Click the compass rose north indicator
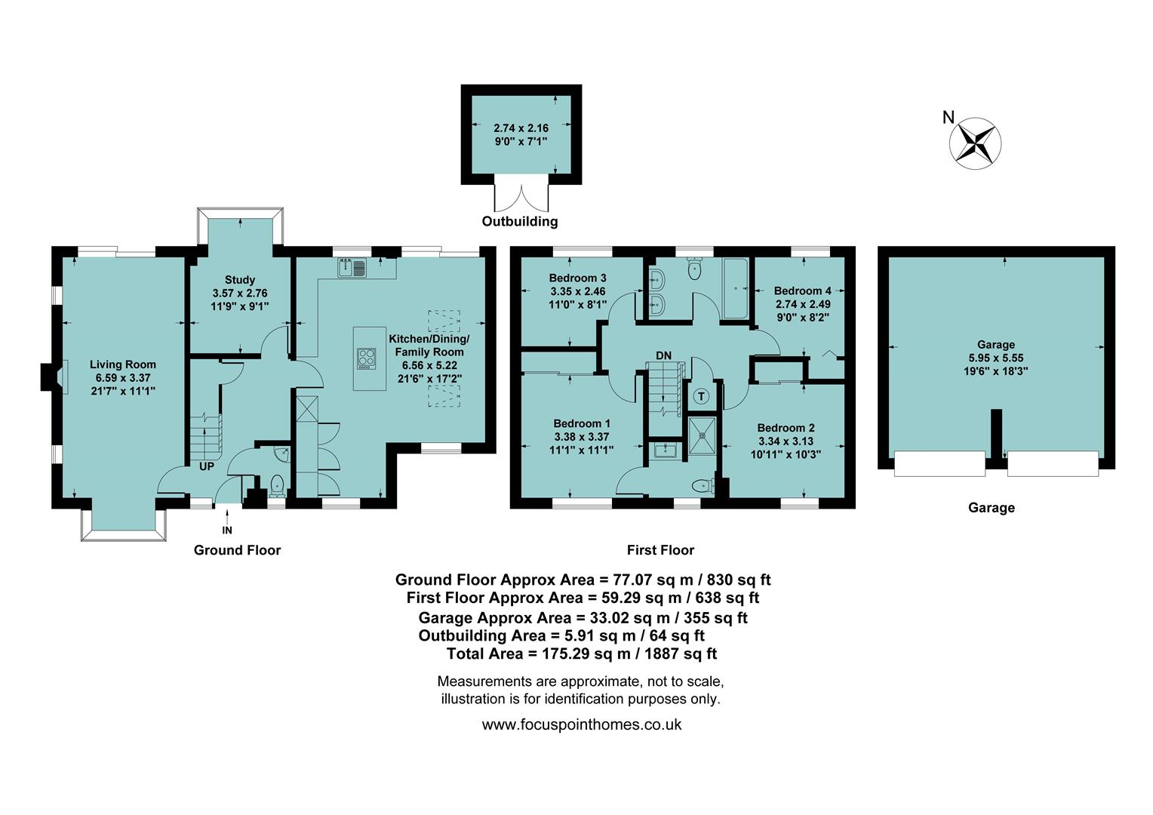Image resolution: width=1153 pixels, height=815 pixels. tap(975, 140)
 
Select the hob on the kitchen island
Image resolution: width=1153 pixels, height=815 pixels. tap(367, 358)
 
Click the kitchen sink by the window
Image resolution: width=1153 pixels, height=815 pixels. tap(352, 267)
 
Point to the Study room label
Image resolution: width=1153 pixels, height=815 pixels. tap(240, 280)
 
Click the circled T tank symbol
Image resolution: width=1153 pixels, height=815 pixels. tap(702, 396)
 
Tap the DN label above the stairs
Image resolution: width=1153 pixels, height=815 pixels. tap(663, 355)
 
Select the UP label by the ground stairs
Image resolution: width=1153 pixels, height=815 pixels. tap(207, 466)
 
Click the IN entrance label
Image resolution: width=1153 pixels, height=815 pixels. tap(227, 531)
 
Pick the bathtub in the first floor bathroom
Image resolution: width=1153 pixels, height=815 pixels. tap(735, 288)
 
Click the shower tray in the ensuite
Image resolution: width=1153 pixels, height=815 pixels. tap(703, 436)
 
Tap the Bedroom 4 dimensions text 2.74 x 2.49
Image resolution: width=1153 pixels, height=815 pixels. tap(803, 304)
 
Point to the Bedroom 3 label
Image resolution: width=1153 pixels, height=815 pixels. tap(577, 278)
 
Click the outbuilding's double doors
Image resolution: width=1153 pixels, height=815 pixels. tap(521, 197)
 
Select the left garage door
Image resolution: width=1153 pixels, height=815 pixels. tap(939, 463)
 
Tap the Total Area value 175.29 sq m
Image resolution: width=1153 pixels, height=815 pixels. tap(583, 654)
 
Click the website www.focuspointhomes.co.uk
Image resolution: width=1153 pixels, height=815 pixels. tap(581, 724)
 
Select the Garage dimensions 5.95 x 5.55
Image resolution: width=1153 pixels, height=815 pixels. tap(996, 358)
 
